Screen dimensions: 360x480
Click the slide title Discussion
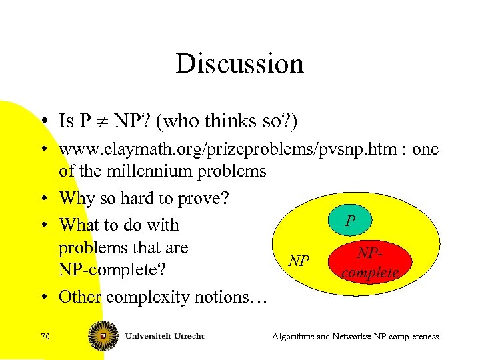(239, 64)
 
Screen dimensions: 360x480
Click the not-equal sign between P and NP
(102, 121)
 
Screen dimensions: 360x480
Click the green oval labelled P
(351, 221)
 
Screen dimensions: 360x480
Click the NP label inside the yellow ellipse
(299, 260)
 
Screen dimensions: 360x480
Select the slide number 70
(45, 337)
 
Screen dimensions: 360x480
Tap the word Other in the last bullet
(77, 296)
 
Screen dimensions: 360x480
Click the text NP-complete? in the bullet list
(111, 271)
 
